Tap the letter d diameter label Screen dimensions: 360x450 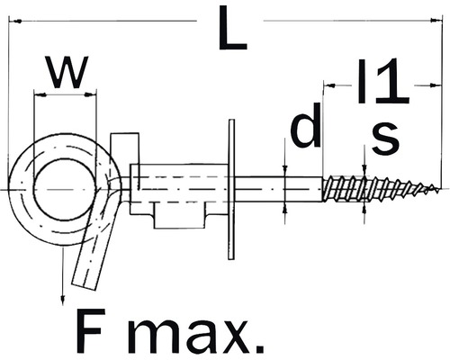[304, 129]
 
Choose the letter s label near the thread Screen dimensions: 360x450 [385, 136]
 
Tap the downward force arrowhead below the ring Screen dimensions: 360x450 [63, 298]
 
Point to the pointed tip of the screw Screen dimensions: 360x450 [438, 189]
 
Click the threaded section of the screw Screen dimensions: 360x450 [369, 189]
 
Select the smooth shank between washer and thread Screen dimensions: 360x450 [279, 189]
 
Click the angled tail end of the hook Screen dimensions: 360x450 [87, 270]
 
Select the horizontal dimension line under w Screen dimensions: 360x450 [64, 91]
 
